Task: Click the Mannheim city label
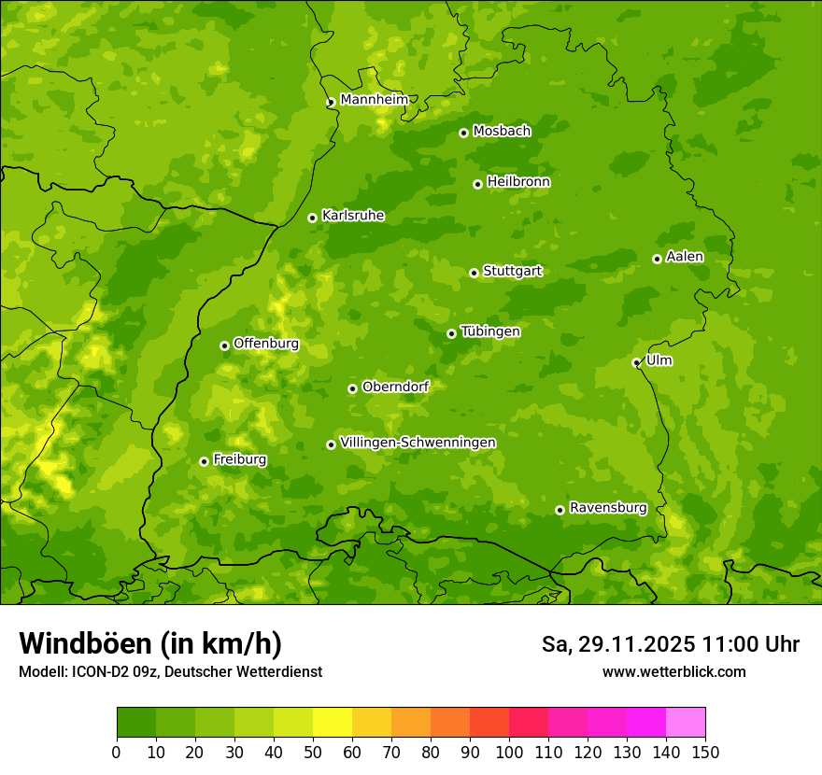[374, 100]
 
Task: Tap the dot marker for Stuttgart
[474, 273]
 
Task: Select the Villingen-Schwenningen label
[418, 443]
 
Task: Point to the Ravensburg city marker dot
[560, 510]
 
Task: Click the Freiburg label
[239, 459]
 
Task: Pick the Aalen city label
[685, 257]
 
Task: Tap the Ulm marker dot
[636, 363]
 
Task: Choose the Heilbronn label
[518, 182]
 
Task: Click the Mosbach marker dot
[463, 133]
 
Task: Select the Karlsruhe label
[353, 216]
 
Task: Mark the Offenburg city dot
[224, 345]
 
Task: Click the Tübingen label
[490, 331]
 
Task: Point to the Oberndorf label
[395, 387]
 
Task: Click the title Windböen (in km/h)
[149, 643]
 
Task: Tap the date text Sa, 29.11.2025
[617, 644]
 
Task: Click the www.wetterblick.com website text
[673, 671]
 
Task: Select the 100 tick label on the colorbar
[509, 752]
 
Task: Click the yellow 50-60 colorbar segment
[333, 723]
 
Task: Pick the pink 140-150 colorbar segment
[686, 723]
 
